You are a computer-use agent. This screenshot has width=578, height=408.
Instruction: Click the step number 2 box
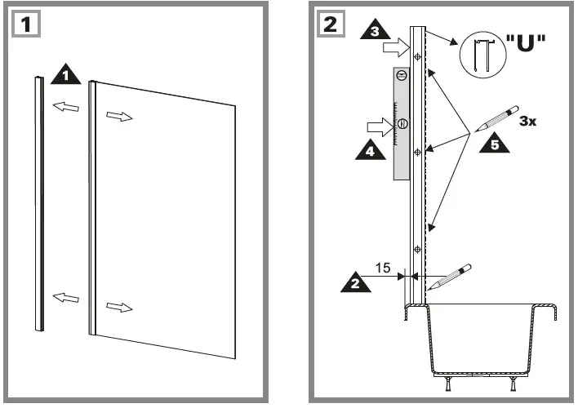click(x=329, y=24)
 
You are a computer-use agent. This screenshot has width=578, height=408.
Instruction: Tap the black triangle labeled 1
click(x=65, y=76)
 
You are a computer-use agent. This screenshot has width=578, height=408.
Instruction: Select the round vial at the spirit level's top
click(x=400, y=76)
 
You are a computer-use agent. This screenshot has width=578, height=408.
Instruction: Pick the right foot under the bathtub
click(x=514, y=381)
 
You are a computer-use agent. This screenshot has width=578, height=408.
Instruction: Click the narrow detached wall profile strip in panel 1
click(x=39, y=204)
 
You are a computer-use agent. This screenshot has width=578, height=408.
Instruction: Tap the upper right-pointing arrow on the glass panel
click(x=118, y=117)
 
